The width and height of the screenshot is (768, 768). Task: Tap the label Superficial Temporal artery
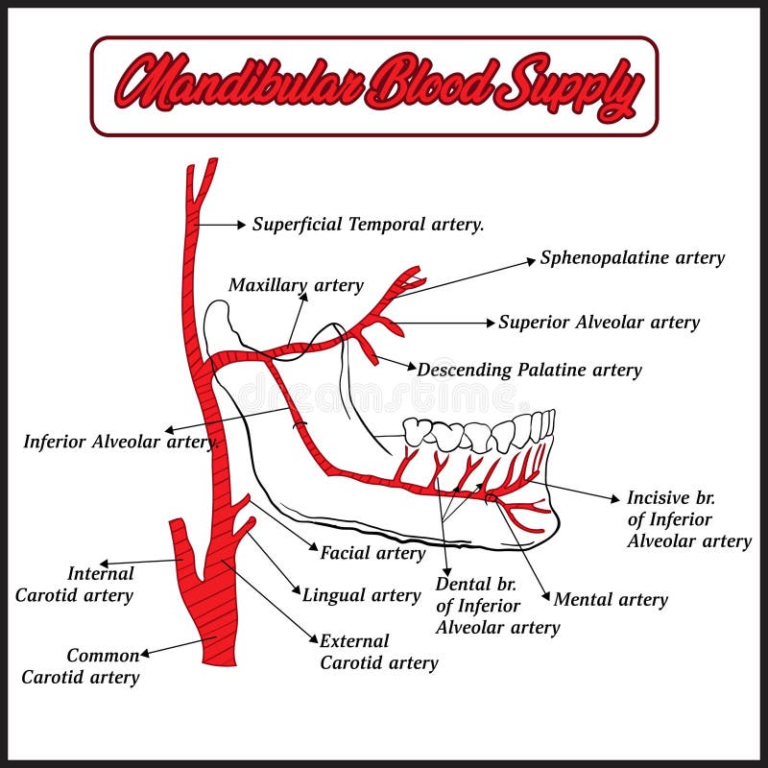pyautogui.click(x=368, y=225)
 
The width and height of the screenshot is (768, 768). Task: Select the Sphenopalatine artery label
pyautogui.click(x=632, y=257)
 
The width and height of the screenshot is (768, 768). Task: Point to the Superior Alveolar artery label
pyautogui.click(x=598, y=323)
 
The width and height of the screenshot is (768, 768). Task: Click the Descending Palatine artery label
pyautogui.click(x=529, y=370)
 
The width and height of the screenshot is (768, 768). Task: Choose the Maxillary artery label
pyautogui.click(x=296, y=285)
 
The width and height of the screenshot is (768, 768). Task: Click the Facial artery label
pyautogui.click(x=372, y=553)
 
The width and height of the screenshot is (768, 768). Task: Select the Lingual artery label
pyautogui.click(x=361, y=595)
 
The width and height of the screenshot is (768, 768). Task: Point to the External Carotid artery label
pyautogui.click(x=378, y=652)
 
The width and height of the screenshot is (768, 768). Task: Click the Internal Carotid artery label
pyautogui.click(x=74, y=585)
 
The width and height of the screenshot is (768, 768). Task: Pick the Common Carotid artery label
pyautogui.click(x=81, y=666)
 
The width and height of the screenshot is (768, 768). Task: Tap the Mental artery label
pyautogui.click(x=611, y=600)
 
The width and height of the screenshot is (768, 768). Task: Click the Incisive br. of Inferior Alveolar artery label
pyautogui.click(x=688, y=519)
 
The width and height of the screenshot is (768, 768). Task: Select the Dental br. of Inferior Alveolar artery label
pyautogui.click(x=497, y=606)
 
